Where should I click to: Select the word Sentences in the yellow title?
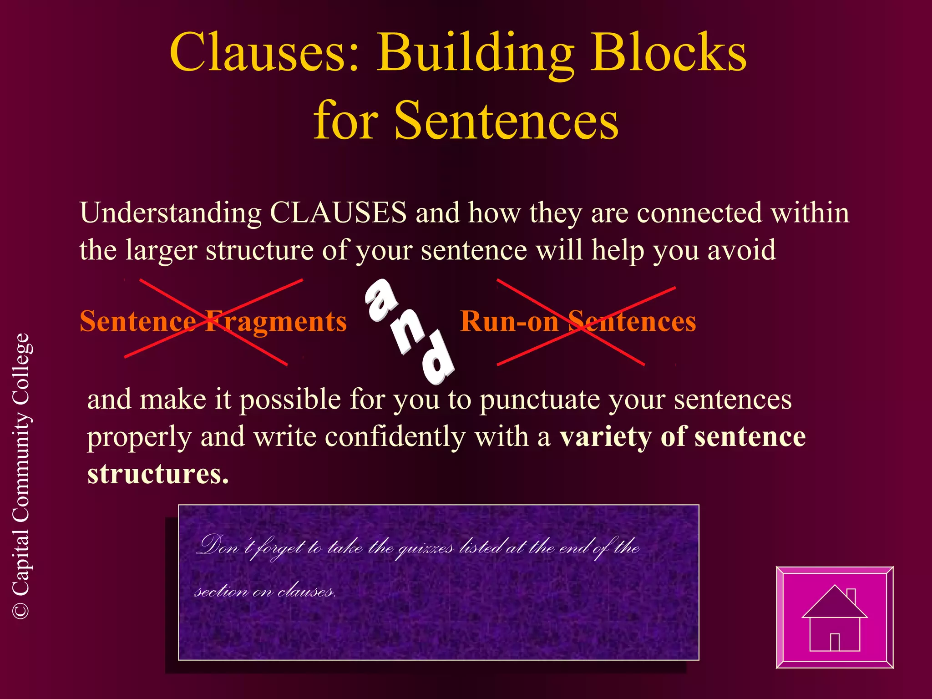(x=506, y=121)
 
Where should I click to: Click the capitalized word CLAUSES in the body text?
(x=338, y=213)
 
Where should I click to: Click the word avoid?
(x=741, y=250)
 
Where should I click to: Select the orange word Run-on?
(x=509, y=321)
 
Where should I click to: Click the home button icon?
(x=835, y=617)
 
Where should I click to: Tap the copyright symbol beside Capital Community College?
(x=21, y=610)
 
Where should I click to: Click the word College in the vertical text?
(x=21, y=369)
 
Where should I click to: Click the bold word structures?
(x=157, y=474)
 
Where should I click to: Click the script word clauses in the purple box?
(x=306, y=591)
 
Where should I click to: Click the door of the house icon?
(x=835, y=642)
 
